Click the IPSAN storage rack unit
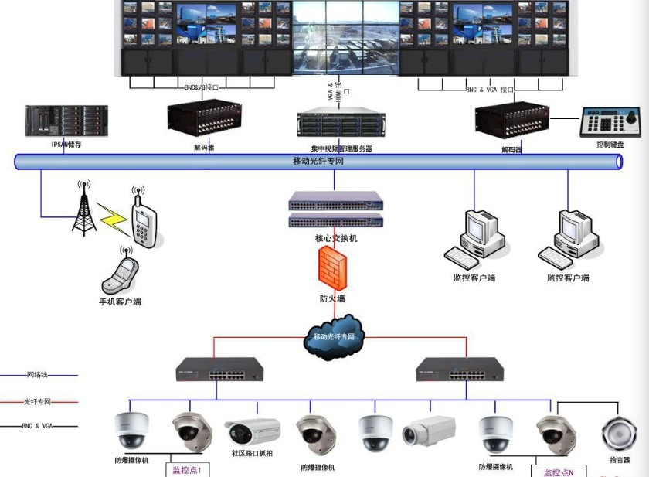coord(56,121)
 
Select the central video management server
coord(341,126)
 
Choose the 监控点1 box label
coord(186,469)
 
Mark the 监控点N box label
coord(559,472)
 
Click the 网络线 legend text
coord(38,375)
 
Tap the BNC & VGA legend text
coord(38,426)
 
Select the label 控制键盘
coord(610,145)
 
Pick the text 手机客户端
coord(120,302)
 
